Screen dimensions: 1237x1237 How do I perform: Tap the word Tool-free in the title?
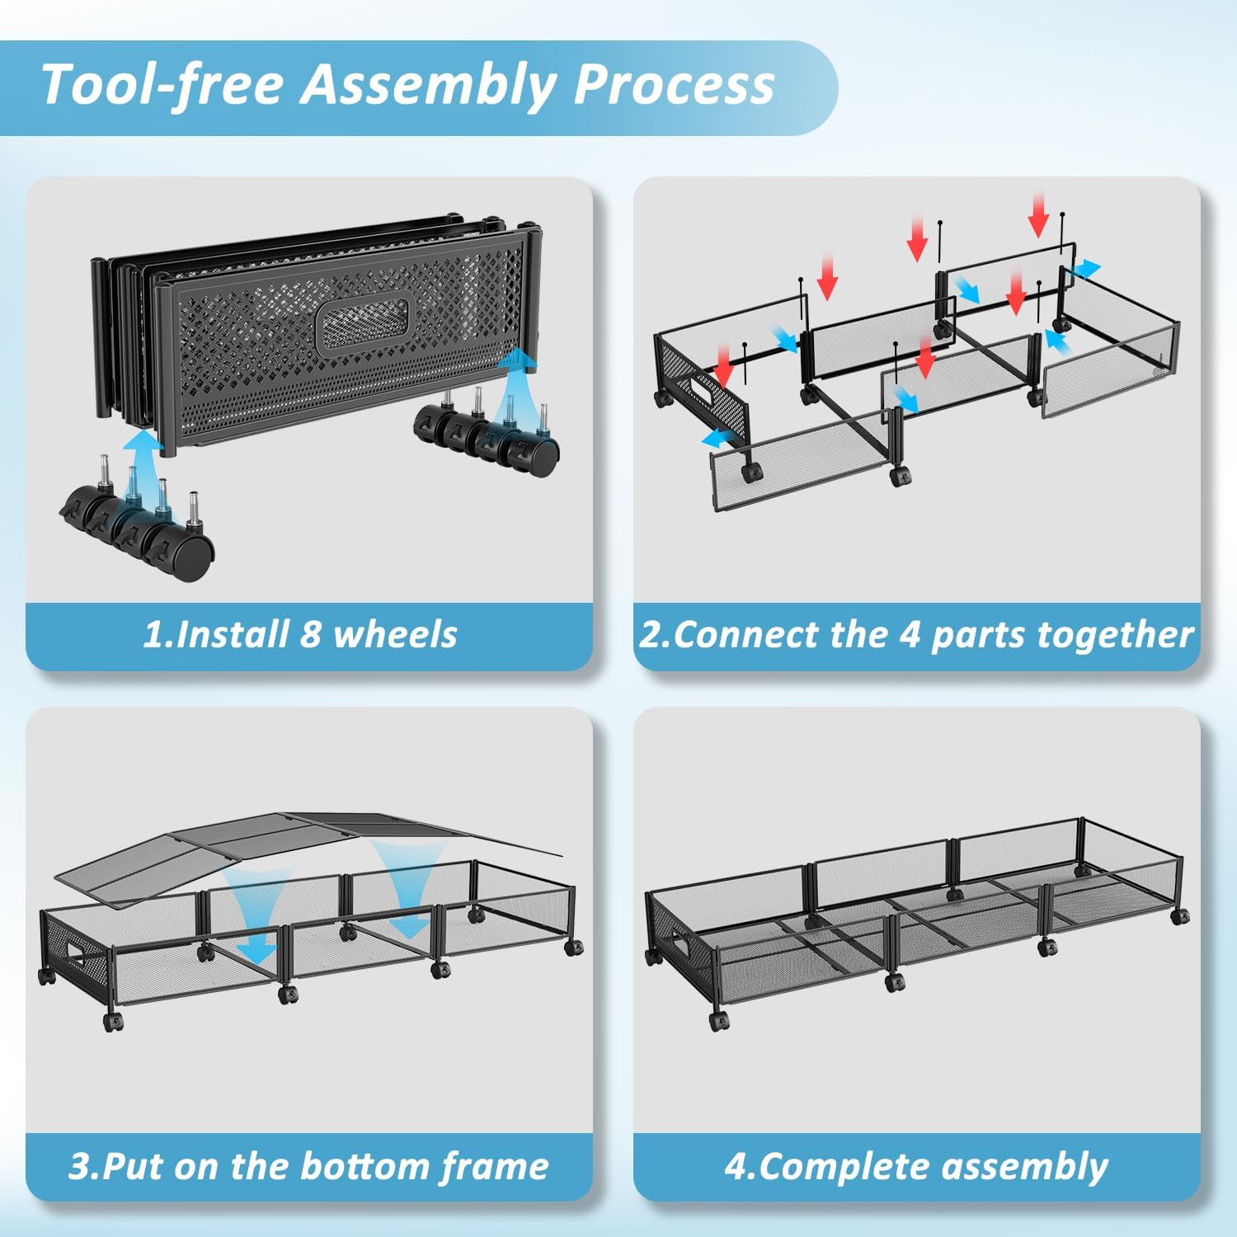point(162,85)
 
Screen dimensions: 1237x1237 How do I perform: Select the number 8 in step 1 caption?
point(310,634)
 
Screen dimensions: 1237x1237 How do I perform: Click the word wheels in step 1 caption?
point(395,634)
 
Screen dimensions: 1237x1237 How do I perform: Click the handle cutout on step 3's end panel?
point(81,955)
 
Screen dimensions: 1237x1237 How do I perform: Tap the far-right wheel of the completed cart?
point(1181,915)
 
